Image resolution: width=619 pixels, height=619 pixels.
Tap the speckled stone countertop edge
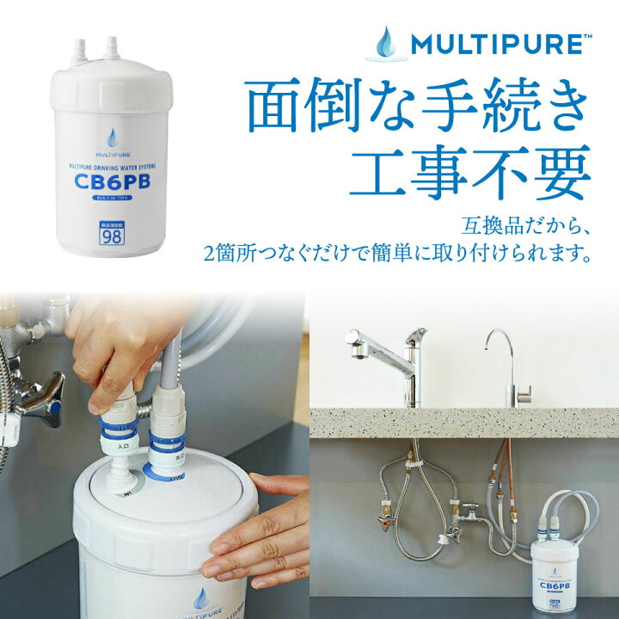464,422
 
